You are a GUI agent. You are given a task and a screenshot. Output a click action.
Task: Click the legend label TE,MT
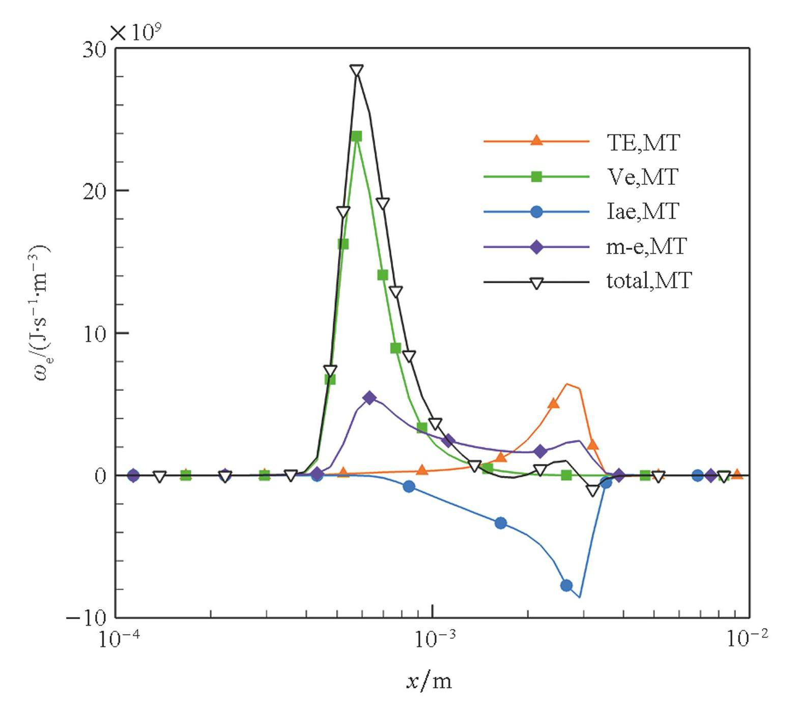coord(643,143)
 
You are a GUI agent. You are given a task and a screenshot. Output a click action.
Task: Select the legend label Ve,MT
coord(642,177)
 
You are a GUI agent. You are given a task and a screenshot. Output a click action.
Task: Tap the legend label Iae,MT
coord(642,211)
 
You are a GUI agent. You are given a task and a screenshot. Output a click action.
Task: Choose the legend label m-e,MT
coord(646,246)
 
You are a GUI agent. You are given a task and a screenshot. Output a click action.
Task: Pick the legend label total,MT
coord(649,280)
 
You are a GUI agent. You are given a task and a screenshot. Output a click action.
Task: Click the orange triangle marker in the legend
coord(536,140)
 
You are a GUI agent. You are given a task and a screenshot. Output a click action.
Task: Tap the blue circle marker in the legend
coord(536,211)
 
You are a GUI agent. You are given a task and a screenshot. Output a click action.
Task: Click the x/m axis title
coord(429,681)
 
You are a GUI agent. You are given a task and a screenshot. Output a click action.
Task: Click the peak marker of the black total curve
coord(357,71)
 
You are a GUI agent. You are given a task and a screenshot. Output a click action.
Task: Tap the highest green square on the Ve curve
coord(357,136)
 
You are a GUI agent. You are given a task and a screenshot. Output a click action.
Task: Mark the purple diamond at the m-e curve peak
coord(370,398)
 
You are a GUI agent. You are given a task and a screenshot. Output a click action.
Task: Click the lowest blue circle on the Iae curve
coord(566,585)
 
